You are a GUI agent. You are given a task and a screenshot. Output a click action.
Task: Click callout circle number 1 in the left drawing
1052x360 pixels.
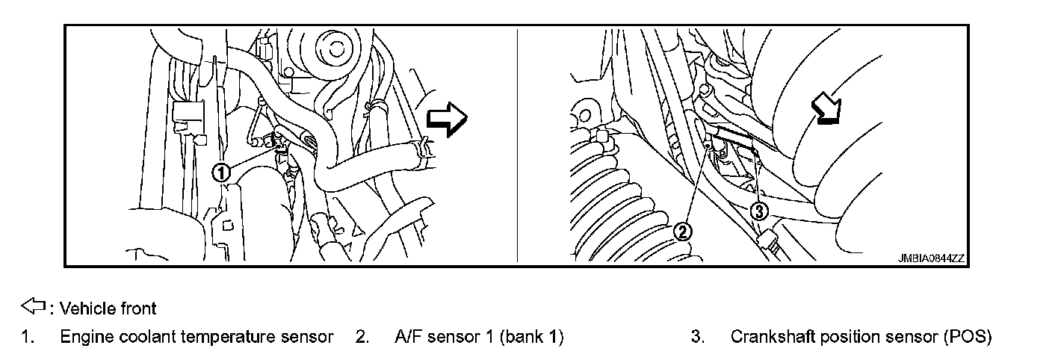220,173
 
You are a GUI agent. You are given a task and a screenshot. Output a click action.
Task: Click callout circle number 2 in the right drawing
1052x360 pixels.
683,232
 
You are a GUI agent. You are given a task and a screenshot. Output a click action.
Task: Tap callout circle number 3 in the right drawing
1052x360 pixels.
758,212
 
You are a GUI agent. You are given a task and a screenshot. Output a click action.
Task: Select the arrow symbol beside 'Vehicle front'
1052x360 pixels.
34,306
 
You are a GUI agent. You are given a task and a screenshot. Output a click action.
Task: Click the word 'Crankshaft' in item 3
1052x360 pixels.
765,338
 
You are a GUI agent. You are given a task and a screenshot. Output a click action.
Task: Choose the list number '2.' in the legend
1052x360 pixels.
362,338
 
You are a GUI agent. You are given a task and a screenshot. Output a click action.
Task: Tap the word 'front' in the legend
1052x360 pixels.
140,308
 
